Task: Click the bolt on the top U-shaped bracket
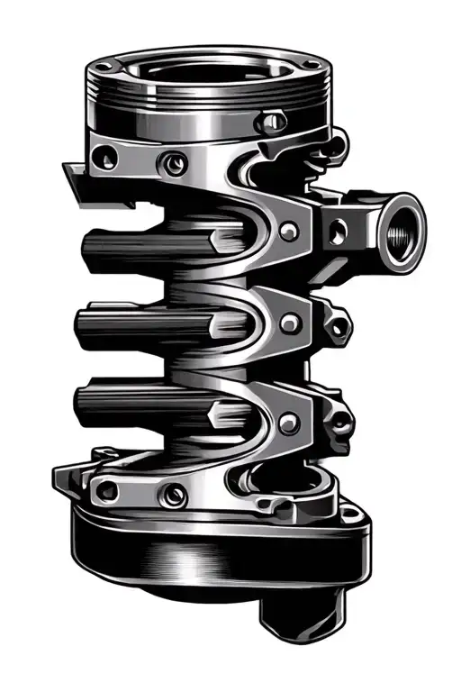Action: [x=289, y=232]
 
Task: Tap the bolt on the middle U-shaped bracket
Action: [x=289, y=322]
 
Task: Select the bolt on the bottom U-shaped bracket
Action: [x=289, y=422]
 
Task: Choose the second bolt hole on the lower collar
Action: [x=172, y=494]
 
